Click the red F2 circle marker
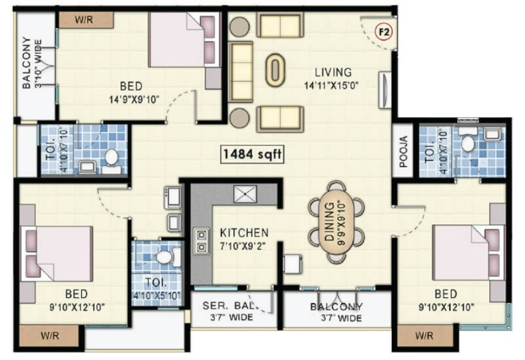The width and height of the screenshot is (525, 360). pyautogui.click(x=384, y=32)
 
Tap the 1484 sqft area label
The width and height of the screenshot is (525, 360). pyautogui.click(x=252, y=154)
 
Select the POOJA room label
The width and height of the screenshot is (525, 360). pyautogui.click(x=403, y=151)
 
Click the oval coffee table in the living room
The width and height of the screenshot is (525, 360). pyautogui.click(x=275, y=70)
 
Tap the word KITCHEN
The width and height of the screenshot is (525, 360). pyautogui.click(x=244, y=233)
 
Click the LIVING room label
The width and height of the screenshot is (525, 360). pyautogui.click(x=333, y=72)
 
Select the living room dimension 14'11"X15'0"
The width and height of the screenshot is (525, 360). pyautogui.click(x=331, y=85)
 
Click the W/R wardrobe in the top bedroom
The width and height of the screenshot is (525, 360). pyautogui.click(x=86, y=20)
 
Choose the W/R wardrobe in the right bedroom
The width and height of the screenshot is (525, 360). pyautogui.click(x=424, y=335)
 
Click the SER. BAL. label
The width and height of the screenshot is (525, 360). pyautogui.click(x=230, y=306)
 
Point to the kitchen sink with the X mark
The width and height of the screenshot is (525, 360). pyautogui.click(x=245, y=194)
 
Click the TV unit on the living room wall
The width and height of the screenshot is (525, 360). pyautogui.click(x=385, y=90)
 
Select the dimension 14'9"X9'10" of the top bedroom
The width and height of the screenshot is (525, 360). pyautogui.click(x=134, y=100)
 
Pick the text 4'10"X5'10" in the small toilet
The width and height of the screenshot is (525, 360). pyautogui.click(x=157, y=295)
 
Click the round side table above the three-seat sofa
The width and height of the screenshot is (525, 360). pyautogui.click(x=239, y=26)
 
